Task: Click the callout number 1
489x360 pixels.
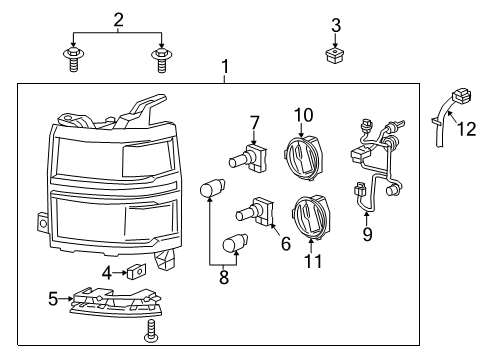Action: pyautogui.click(x=225, y=68)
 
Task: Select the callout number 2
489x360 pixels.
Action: pyautogui.click(x=119, y=19)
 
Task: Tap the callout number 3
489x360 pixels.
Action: pyautogui.click(x=336, y=25)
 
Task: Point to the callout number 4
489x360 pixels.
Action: pyautogui.click(x=107, y=271)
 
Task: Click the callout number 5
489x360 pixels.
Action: pyautogui.click(x=53, y=297)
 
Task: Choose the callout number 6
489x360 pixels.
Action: pyautogui.click(x=285, y=243)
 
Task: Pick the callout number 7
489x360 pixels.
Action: pyautogui.click(x=255, y=122)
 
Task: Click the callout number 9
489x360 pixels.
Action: pyautogui.click(x=366, y=235)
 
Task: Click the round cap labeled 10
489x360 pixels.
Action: pyautogui.click(x=302, y=156)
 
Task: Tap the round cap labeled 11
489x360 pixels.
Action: pyautogui.click(x=309, y=214)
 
